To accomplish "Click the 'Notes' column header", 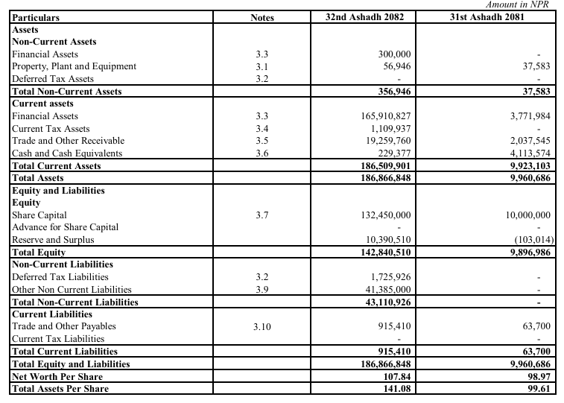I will [x=262, y=17].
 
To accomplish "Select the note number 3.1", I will [x=262, y=66].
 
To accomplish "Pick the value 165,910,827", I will [x=384, y=116].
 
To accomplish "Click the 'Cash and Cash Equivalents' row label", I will [x=67, y=153].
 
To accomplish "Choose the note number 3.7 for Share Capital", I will [x=262, y=215].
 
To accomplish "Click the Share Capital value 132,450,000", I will [x=384, y=215].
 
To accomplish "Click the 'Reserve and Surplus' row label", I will [x=52, y=240].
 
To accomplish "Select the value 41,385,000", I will [x=387, y=289].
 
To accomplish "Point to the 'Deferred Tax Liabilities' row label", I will [x=60, y=277].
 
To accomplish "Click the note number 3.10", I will [x=262, y=326].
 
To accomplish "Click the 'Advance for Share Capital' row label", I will [x=66, y=227].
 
